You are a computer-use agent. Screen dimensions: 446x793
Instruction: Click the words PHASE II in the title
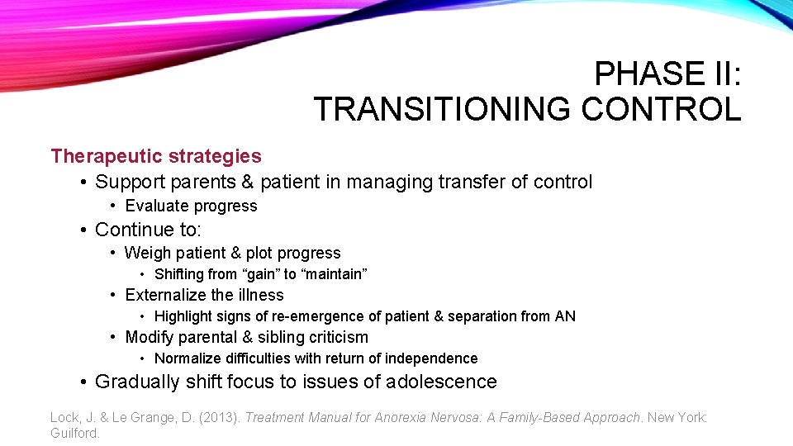667,74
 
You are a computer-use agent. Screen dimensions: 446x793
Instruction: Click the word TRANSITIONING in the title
442,109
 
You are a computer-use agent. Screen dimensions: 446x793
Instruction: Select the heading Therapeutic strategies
155,156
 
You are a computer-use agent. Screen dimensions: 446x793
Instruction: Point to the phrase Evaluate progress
191,206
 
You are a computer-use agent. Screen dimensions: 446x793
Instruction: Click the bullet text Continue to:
148,229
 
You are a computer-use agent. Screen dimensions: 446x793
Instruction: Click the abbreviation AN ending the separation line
565,316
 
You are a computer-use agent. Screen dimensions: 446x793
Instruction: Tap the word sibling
282,338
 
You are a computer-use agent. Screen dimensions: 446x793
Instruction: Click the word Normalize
189,358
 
